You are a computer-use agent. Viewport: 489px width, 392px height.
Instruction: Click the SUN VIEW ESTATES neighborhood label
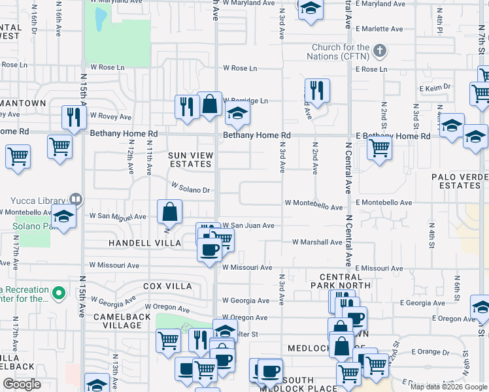[x=191, y=159]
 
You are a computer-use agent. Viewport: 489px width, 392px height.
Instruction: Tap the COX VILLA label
[x=167, y=286]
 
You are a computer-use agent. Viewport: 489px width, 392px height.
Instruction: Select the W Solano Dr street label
[x=190, y=189]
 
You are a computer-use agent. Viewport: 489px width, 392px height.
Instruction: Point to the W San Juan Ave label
[x=248, y=225]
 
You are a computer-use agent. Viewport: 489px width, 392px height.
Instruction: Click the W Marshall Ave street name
[x=317, y=242]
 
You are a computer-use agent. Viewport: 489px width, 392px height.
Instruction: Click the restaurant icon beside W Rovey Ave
[x=73, y=117]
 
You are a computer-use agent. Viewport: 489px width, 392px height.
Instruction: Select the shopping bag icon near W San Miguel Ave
[x=169, y=212]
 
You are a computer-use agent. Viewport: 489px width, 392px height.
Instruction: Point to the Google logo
[x=22, y=384]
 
